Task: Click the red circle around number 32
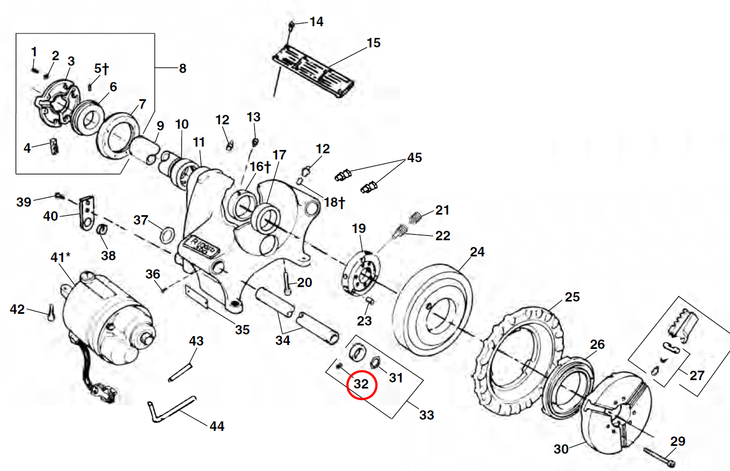click(362, 385)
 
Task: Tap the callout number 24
click(477, 252)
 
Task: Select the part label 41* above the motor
click(61, 258)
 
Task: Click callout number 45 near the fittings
click(414, 158)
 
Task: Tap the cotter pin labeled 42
click(50, 315)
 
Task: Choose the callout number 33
click(427, 415)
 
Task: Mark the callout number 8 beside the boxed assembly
click(182, 69)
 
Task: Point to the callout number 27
click(697, 375)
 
